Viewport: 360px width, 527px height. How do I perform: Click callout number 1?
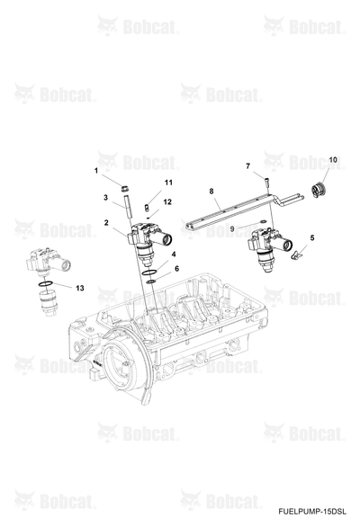(96, 171)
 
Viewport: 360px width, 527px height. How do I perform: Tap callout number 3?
(105, 197)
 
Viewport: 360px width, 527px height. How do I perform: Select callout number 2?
(106, 222)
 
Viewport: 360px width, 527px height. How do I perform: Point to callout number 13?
(80, 288)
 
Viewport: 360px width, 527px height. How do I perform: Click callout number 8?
(211, 192)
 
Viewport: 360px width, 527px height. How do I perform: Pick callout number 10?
(333, 160)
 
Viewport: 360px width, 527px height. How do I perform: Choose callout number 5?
(312, 238)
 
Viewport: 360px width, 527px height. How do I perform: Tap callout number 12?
(167, 201)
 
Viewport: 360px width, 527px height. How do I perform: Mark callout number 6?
(177, 269)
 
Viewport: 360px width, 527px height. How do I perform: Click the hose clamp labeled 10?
(319, 190)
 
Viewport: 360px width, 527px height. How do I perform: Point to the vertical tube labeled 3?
(128, 207)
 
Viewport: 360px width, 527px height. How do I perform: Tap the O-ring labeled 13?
(45, 284)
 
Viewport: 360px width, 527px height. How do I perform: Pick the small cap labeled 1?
(125, 188)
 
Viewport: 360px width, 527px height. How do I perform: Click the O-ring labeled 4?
(149, 272)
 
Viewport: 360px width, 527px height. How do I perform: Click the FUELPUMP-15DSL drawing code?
(312, 512)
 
